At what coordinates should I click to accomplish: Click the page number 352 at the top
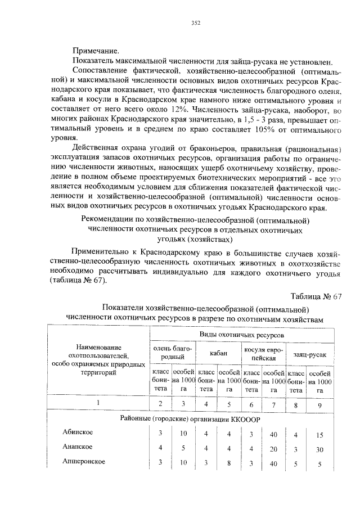196,23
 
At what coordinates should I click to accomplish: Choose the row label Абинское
78,433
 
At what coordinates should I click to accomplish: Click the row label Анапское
77,447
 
